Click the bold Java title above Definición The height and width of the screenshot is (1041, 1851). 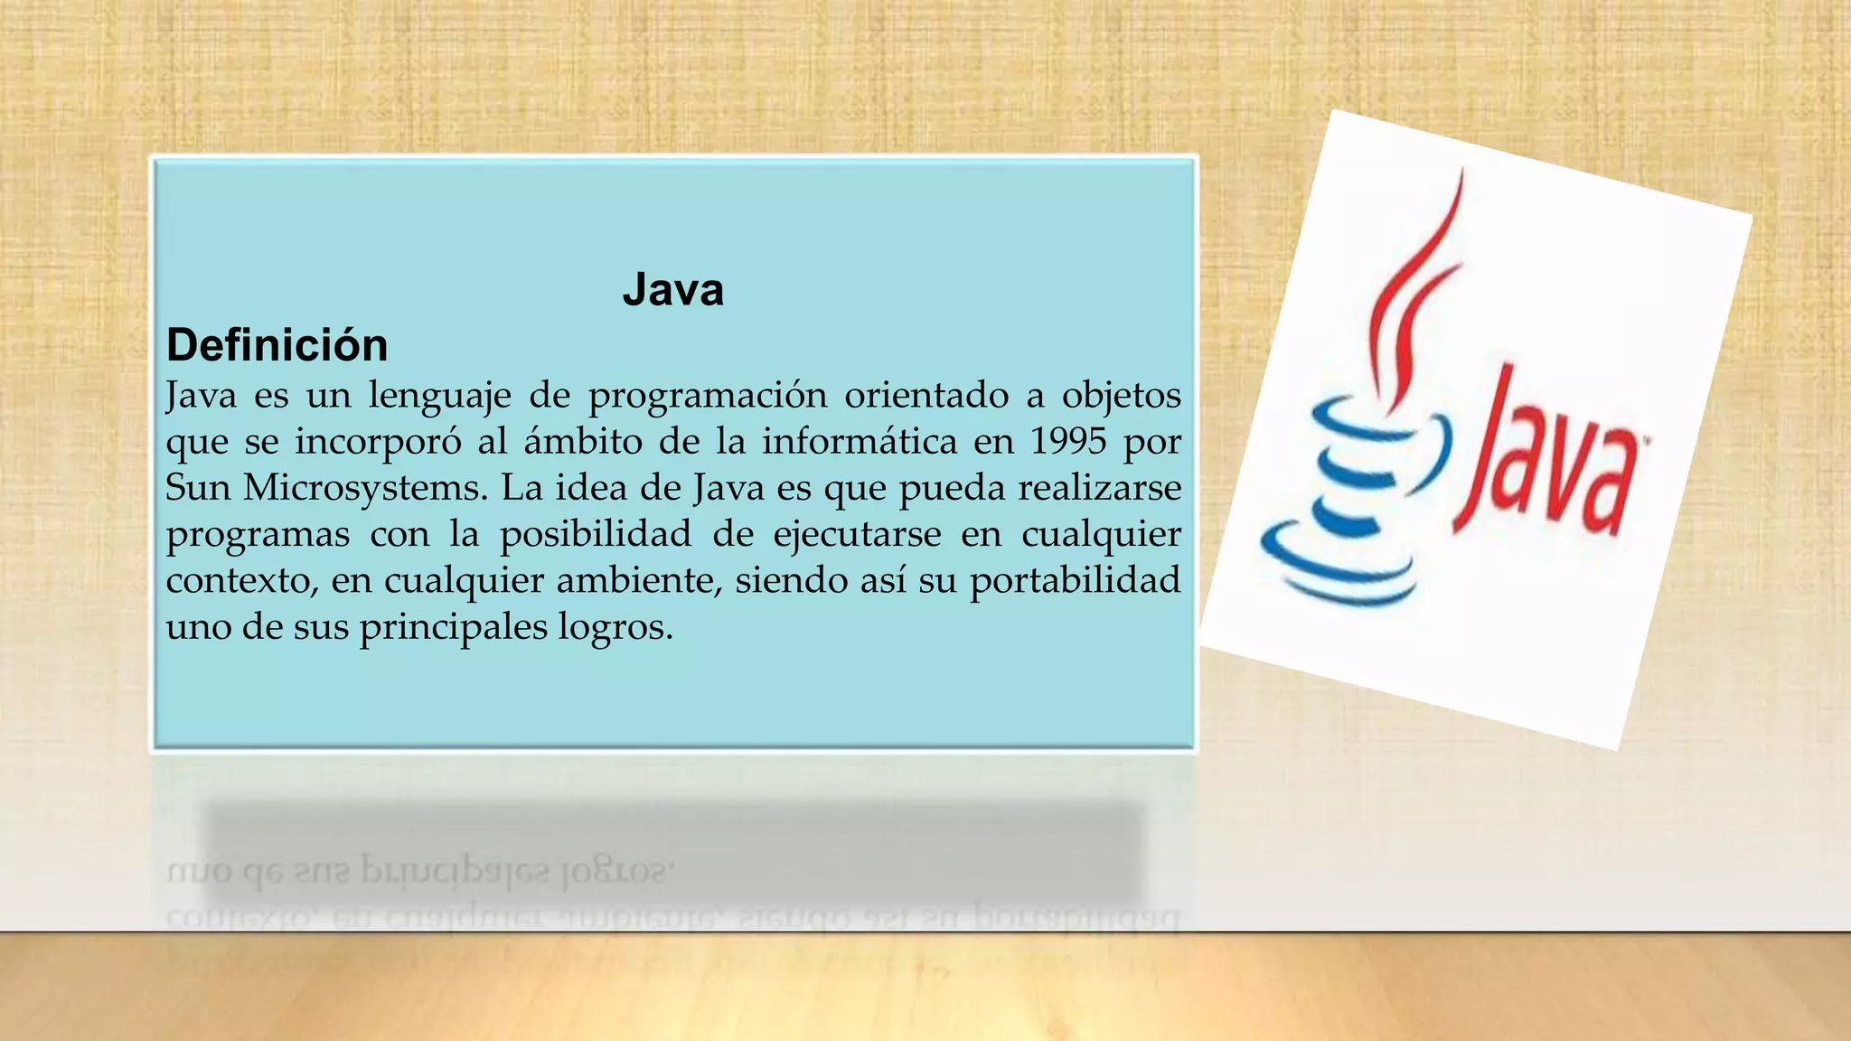(x=673, y=290)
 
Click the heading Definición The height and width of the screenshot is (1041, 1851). (x=277, y=345)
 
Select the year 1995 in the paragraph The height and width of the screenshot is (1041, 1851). (x=1068, y=441)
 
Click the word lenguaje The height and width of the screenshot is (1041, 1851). (x=439, y=396)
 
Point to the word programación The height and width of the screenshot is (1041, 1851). (x=708, y=396)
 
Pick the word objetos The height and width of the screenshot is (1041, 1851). (x=1121, y=396)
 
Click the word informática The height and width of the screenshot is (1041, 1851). (x=859, y=441)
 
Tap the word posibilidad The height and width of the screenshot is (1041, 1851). (x=595, y=534)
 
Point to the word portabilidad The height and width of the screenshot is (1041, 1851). (x=1075, y=580)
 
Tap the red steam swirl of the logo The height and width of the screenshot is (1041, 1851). (x=1414, y=289)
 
